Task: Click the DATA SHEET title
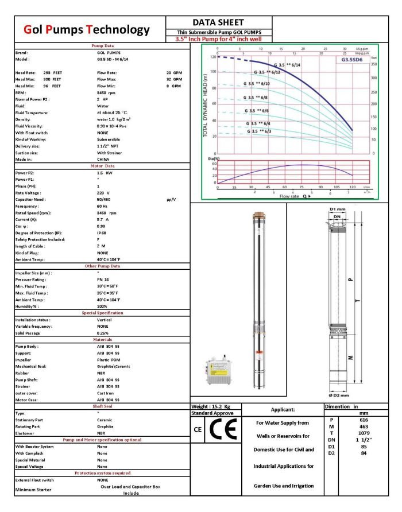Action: pos(218,22)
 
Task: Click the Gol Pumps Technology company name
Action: pos(87,30)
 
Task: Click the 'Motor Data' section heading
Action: pos(103,165)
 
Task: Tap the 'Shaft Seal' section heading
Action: pos(102,406)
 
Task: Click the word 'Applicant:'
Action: pos(283,410)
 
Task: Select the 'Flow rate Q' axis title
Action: pos(295,196)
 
